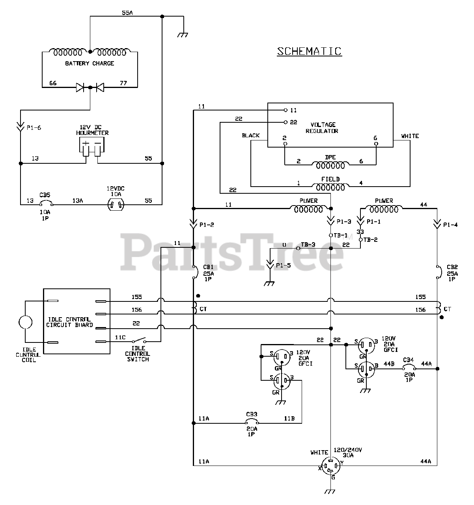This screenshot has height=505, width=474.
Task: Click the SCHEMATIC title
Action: [x=309, y=51]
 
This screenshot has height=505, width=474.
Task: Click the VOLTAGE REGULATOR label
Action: [x=322, y=128]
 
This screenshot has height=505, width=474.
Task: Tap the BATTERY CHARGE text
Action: [x=90, y=63]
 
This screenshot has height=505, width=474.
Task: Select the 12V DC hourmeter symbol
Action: [x=91, y=147]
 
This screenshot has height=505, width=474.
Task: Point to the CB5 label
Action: [x=45, y=195]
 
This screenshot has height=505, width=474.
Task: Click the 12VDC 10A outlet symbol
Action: [x=116, y=205]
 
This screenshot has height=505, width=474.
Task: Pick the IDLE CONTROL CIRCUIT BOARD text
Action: [x=69, y=322]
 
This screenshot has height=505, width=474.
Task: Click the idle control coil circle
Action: [x=25, y=322]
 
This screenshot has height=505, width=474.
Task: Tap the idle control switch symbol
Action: [x=139, y=340]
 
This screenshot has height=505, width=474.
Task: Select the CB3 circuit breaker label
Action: [x=252, y=414]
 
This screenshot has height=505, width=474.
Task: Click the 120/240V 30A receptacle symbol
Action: [x=330, y=466]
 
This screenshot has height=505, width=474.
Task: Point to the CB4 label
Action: [x=408, y=360]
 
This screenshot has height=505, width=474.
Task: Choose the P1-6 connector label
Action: [x=34, y=128]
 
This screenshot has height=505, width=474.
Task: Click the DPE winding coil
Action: [x=330, y=165]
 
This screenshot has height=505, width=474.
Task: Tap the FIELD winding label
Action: [x=330, y=179]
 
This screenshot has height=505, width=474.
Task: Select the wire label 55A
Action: [x=127, y=13]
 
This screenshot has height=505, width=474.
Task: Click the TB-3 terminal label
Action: [x=308, y=244]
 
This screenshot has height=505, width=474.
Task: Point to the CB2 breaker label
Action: [x=452, y=267]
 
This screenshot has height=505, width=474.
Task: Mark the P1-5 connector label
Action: [x=284, y=266]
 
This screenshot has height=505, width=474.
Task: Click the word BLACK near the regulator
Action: [x=250, y=136]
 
